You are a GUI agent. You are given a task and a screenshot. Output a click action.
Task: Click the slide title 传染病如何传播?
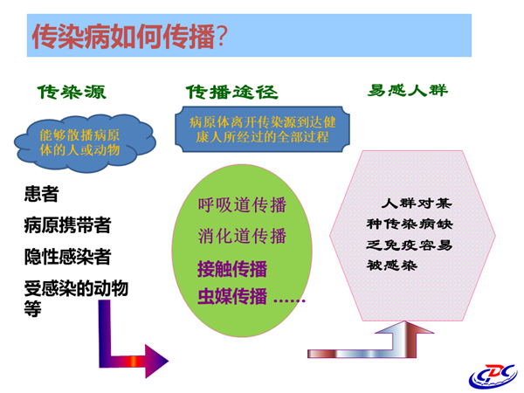coord(129,36)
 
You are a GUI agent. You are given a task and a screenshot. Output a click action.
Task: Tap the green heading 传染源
coord(72,92)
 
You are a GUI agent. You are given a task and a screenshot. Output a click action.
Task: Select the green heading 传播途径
coord(232,92)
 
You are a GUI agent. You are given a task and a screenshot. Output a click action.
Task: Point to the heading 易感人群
coord(407,90)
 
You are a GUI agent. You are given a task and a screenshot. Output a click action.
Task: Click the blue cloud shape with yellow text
coord(85,143)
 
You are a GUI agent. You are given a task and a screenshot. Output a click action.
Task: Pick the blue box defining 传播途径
coord(262,129)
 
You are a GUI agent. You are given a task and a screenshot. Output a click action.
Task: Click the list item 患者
coord(41,194)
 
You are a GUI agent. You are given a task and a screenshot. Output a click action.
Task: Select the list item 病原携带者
coord(67,225)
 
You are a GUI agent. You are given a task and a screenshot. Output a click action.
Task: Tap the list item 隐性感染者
coord(67,257)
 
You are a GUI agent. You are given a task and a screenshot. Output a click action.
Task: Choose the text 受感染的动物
coord(76,288)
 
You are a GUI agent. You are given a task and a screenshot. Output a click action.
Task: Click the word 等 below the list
coord(33,308)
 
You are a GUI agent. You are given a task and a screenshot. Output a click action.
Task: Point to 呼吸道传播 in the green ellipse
coord(242,205)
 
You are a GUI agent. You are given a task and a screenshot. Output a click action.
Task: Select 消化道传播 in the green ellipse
coord(242,236)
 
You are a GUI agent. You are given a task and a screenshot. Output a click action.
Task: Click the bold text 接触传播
coord(232,269)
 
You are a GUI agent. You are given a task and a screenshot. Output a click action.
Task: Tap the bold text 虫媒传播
coord(232,296)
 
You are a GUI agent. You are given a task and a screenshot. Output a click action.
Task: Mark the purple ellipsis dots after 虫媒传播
coord(289,300)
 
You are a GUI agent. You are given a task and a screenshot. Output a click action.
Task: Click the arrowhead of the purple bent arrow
coord(156,362)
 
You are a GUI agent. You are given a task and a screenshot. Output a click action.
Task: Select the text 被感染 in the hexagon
coord(392,265)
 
